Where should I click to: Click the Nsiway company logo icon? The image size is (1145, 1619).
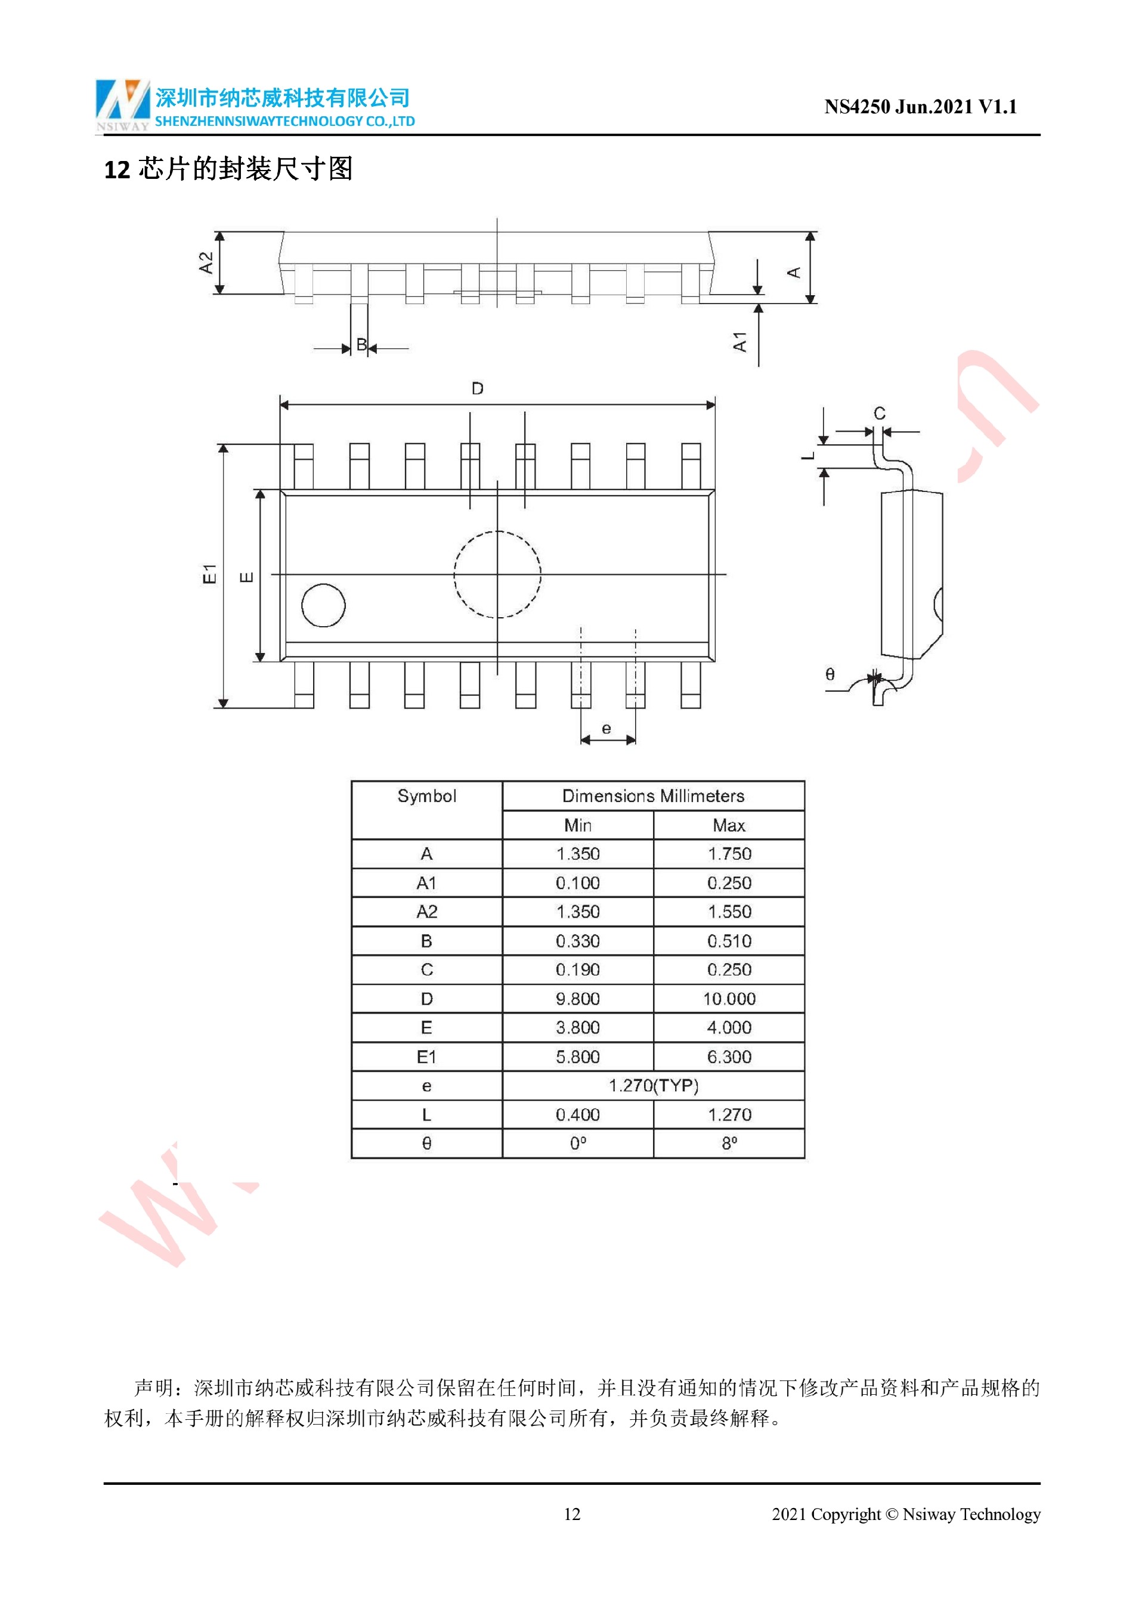click(123, 104)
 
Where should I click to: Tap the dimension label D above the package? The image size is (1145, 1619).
click(477, 389)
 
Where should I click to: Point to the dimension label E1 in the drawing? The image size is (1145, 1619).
click(209, 574)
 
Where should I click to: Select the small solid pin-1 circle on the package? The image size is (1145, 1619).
click(323, 605)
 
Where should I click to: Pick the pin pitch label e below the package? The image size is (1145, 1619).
click(606, 729)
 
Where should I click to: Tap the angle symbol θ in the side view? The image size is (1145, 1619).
click(830, 674)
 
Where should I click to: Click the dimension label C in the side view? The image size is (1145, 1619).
click(879, 413)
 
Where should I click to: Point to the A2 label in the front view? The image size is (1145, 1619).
click(205, 263)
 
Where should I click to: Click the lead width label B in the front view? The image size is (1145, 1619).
click(361, 345)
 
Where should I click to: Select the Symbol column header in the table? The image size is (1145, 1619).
click(426, 796)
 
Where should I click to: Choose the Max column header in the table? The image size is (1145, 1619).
click(728, 825)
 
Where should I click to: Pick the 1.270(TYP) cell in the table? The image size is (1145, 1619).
click(653, 1085)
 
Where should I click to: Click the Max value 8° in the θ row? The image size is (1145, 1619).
click(728, 1143)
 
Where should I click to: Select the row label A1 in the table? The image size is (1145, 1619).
click(426, 883)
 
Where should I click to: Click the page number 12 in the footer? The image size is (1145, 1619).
click(572, 1514)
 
